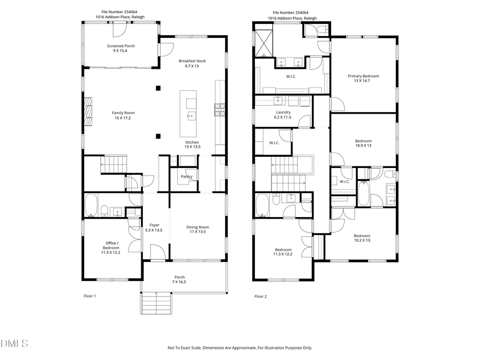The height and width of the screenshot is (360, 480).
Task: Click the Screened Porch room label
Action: [x=120, y=49]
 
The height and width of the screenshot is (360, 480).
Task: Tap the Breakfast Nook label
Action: [x=192, y=63]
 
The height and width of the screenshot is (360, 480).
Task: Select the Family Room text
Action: [x=123, y=115]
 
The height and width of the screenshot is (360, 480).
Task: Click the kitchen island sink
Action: [x=189, y=115]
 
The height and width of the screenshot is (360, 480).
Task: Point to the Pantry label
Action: [x=186, y=177]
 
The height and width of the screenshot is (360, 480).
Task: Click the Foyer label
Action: [x=154, y=228]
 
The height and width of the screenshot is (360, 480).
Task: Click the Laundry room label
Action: [x=283, y=115]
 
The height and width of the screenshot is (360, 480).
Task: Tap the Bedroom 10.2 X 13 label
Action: [x=362, y=238]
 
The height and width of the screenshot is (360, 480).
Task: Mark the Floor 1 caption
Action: [x=90, y=296]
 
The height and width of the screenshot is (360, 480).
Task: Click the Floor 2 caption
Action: [x=260, y=296]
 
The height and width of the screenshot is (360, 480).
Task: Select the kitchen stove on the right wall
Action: [x=219, y=110]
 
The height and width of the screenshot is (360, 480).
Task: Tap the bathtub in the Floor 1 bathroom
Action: [x=91, y=206]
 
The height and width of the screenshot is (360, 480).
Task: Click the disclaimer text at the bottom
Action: [x=240, y=348]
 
